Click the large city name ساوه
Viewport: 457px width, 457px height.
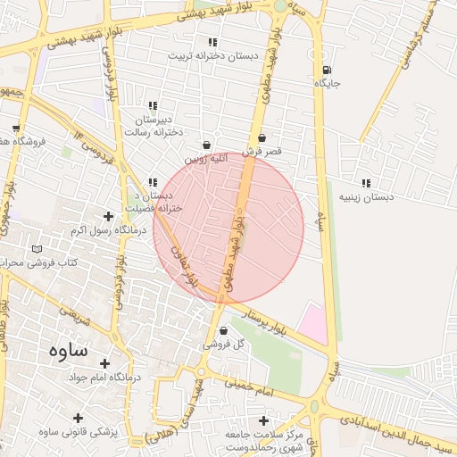click(x=63, y=349)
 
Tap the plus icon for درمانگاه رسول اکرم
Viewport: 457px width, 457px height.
click(x=109, y=216)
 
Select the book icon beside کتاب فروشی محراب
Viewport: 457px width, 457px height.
click(x=37, y=249)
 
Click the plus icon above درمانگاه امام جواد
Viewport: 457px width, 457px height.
click(x=105, y=363)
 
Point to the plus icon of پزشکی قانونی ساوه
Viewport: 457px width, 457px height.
click(x=79, y=418)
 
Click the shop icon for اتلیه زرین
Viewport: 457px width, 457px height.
click(x=207, y=145)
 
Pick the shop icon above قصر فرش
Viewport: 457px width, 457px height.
click(x=262, y=138)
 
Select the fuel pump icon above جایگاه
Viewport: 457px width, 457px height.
click(x=327, y=71)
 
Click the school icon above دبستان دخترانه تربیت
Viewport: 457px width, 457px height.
click(x=212, y=42)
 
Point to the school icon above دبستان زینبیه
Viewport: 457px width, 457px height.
click(x=366, y=183)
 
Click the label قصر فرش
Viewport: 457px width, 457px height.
click(x=262, y=152)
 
